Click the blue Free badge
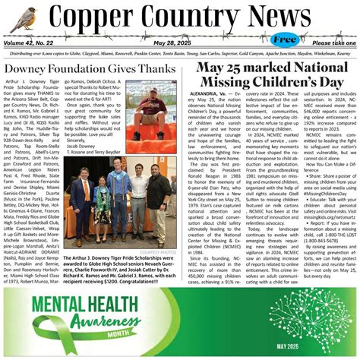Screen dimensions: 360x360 [285, 39]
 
